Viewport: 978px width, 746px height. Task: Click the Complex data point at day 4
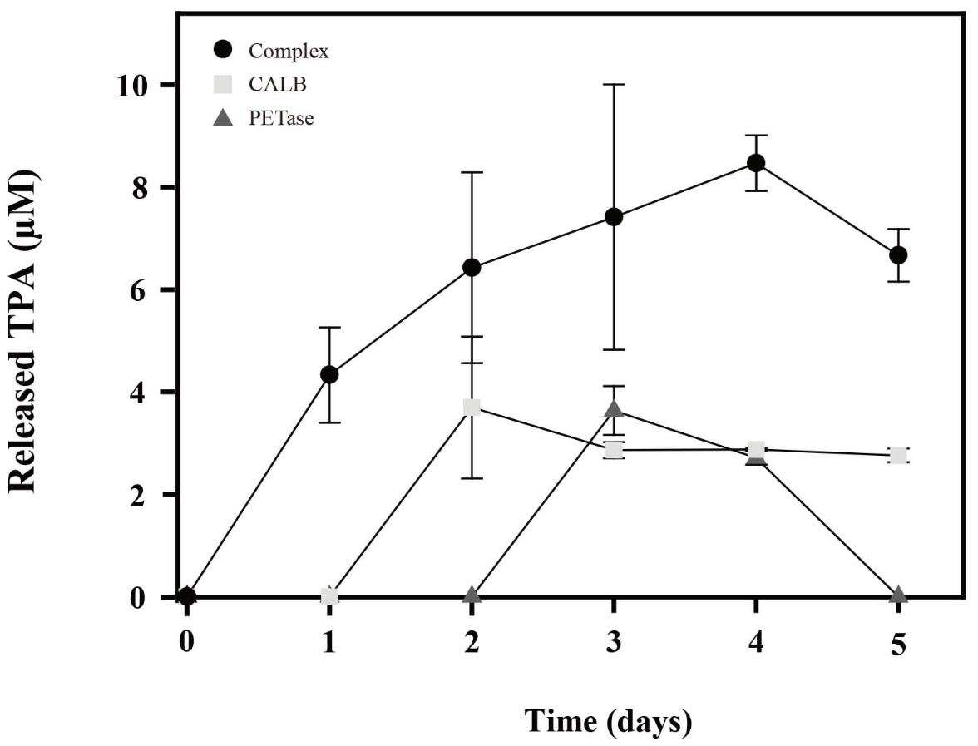(756, 163)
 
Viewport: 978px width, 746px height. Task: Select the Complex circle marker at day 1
(329, 375)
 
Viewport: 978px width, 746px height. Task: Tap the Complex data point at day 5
(898, 255)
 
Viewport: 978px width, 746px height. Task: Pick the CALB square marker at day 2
(472, 408)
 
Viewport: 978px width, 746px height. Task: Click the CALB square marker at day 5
(898, 456)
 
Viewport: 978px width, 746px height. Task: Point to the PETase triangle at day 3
(614, 408)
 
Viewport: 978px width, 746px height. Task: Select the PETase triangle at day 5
(898, 594)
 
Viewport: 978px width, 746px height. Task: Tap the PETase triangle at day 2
(472, 594)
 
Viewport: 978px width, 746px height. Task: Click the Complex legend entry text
(288, 52)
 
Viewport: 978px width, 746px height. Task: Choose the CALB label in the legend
(278, 84)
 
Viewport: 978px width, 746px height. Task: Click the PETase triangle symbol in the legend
(223, 117)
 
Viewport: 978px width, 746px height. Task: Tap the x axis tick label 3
(614, 642)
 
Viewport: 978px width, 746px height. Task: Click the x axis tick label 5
(898, 642)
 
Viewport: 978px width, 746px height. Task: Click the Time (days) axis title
(608, 722)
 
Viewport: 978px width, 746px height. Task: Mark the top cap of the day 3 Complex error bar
(614, 84)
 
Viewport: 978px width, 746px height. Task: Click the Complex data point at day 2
(472, 268)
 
